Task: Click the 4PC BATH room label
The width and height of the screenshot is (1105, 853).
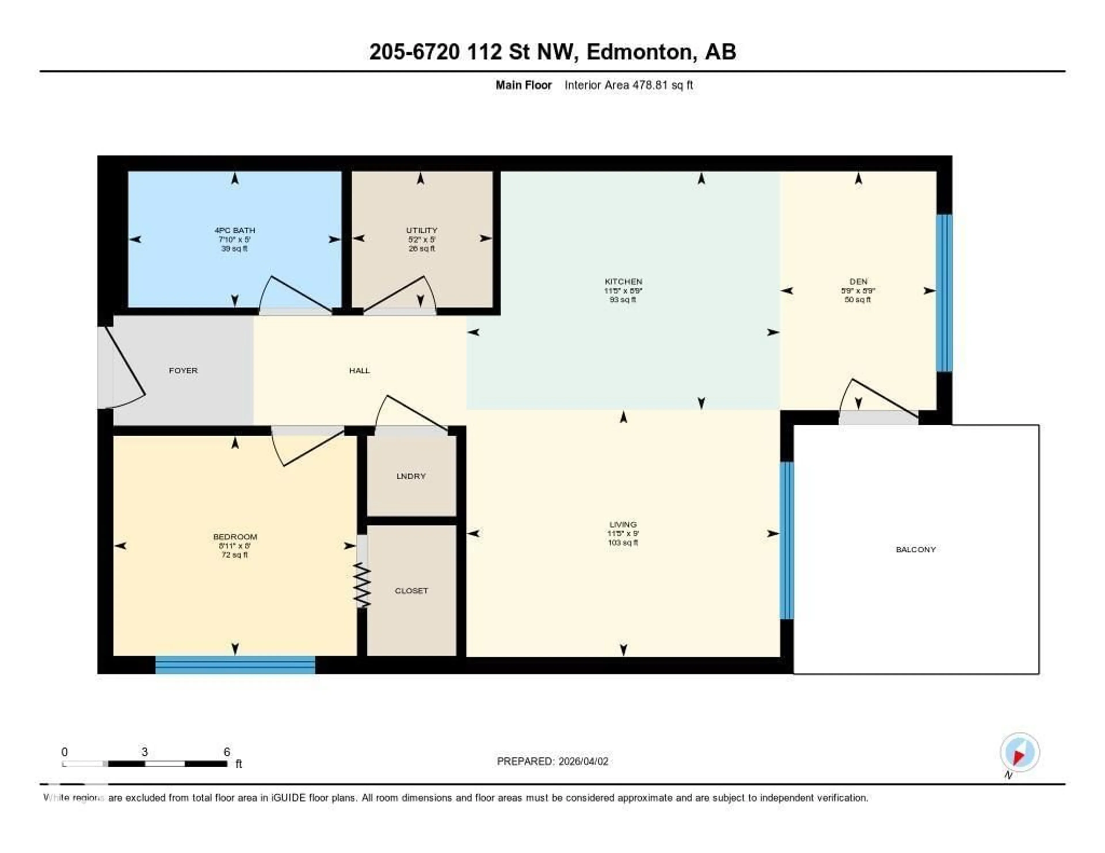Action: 234,230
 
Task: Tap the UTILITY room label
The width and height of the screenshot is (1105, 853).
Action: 422,230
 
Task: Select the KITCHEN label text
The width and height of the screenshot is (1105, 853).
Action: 623,282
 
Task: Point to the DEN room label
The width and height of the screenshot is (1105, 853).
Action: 858,282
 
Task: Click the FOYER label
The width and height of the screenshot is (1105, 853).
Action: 183,371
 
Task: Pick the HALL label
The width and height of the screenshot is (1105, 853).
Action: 359,371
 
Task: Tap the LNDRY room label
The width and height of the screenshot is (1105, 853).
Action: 411,476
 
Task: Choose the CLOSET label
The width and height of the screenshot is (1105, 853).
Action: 411,591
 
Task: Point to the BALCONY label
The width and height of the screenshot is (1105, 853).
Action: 915,550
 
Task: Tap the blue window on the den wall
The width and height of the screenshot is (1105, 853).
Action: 944,293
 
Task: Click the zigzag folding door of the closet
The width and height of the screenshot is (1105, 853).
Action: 362,586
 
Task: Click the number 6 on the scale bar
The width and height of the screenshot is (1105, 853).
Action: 227,752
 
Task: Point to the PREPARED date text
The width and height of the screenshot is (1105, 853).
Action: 552,762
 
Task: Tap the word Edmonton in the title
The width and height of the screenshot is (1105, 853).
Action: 639,52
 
